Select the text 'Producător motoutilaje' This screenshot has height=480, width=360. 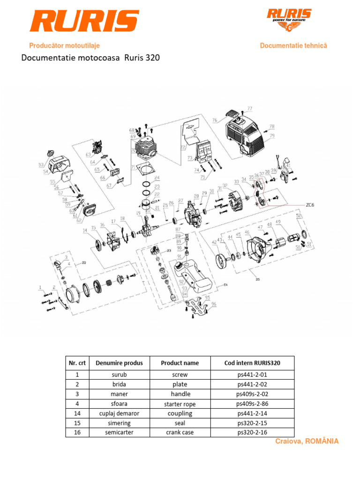coord(64,46)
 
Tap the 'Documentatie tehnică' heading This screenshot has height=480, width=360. coord(293,46)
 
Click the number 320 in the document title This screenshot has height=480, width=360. coord(152,59)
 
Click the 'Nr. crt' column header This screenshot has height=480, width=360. coord(77,363)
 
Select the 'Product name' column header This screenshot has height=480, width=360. coord(180,363)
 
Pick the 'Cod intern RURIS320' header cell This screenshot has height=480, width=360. coord(252,363)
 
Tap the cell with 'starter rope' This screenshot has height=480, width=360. coord(180,404)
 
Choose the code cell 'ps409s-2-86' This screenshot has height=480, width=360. coord(252,404)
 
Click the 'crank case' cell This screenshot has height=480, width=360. coord(180,432)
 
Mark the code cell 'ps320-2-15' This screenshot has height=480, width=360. coord(252,423)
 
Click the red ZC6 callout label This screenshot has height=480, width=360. coord(310,205)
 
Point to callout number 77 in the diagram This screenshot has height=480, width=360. coord(249,108)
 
